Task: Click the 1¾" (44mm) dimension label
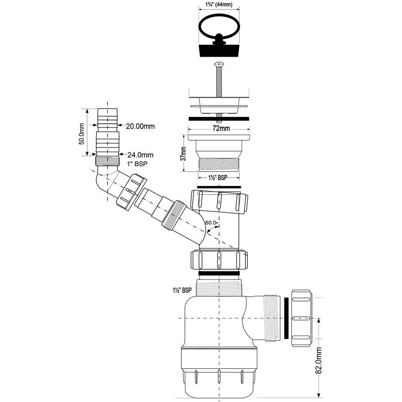tap(219, 4)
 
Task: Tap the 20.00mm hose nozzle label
tap(140, 126)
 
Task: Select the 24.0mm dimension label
tap(140, 155)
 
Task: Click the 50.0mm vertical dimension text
tap(81, 134)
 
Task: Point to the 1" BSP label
tap(137, 164)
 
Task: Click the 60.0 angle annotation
tap(211, 223)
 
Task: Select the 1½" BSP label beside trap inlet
tap(182, 290)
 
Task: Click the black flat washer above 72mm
tap(219, 119)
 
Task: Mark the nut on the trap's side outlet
tap(301, 318)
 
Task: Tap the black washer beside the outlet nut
tap(286, 318)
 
